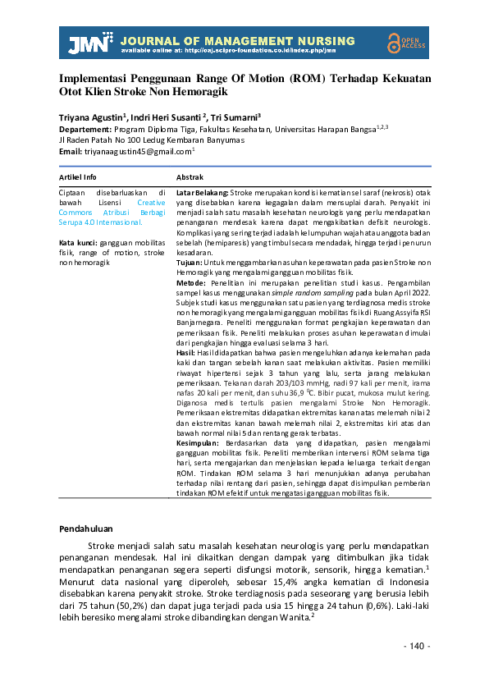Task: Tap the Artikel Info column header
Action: coord(78,177)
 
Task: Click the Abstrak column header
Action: coord(190,177)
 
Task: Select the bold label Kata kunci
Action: coord(78,243)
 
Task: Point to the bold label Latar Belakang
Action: coord(202,191)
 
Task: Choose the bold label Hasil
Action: coord(188,351)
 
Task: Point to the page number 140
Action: coord(417,647)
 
